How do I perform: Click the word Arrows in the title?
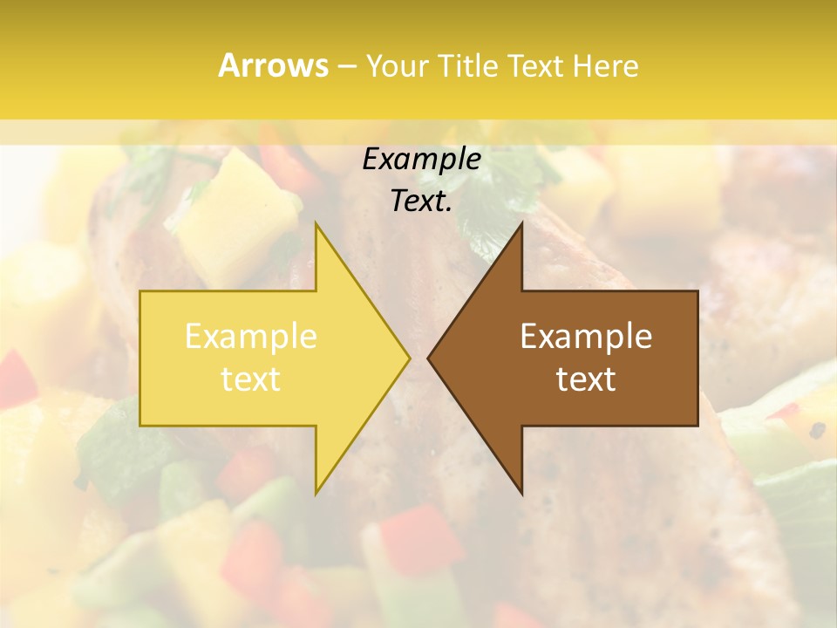coord(273,65)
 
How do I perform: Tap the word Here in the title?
coord(605,66)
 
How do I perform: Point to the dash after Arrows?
coord(346,67)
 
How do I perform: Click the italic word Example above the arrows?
coord(421,160)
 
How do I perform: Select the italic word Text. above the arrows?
coord(421,201)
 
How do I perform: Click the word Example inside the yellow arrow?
coord(251,337)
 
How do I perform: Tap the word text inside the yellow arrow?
coord(251,379)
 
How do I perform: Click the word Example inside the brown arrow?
coord(586,337)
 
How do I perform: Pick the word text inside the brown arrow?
coord(586,379)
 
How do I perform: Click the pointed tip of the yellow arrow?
coord(410,358)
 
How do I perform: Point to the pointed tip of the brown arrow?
coord(428,358)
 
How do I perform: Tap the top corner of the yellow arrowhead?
coord(316,223)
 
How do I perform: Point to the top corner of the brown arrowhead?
coord(522,223)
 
